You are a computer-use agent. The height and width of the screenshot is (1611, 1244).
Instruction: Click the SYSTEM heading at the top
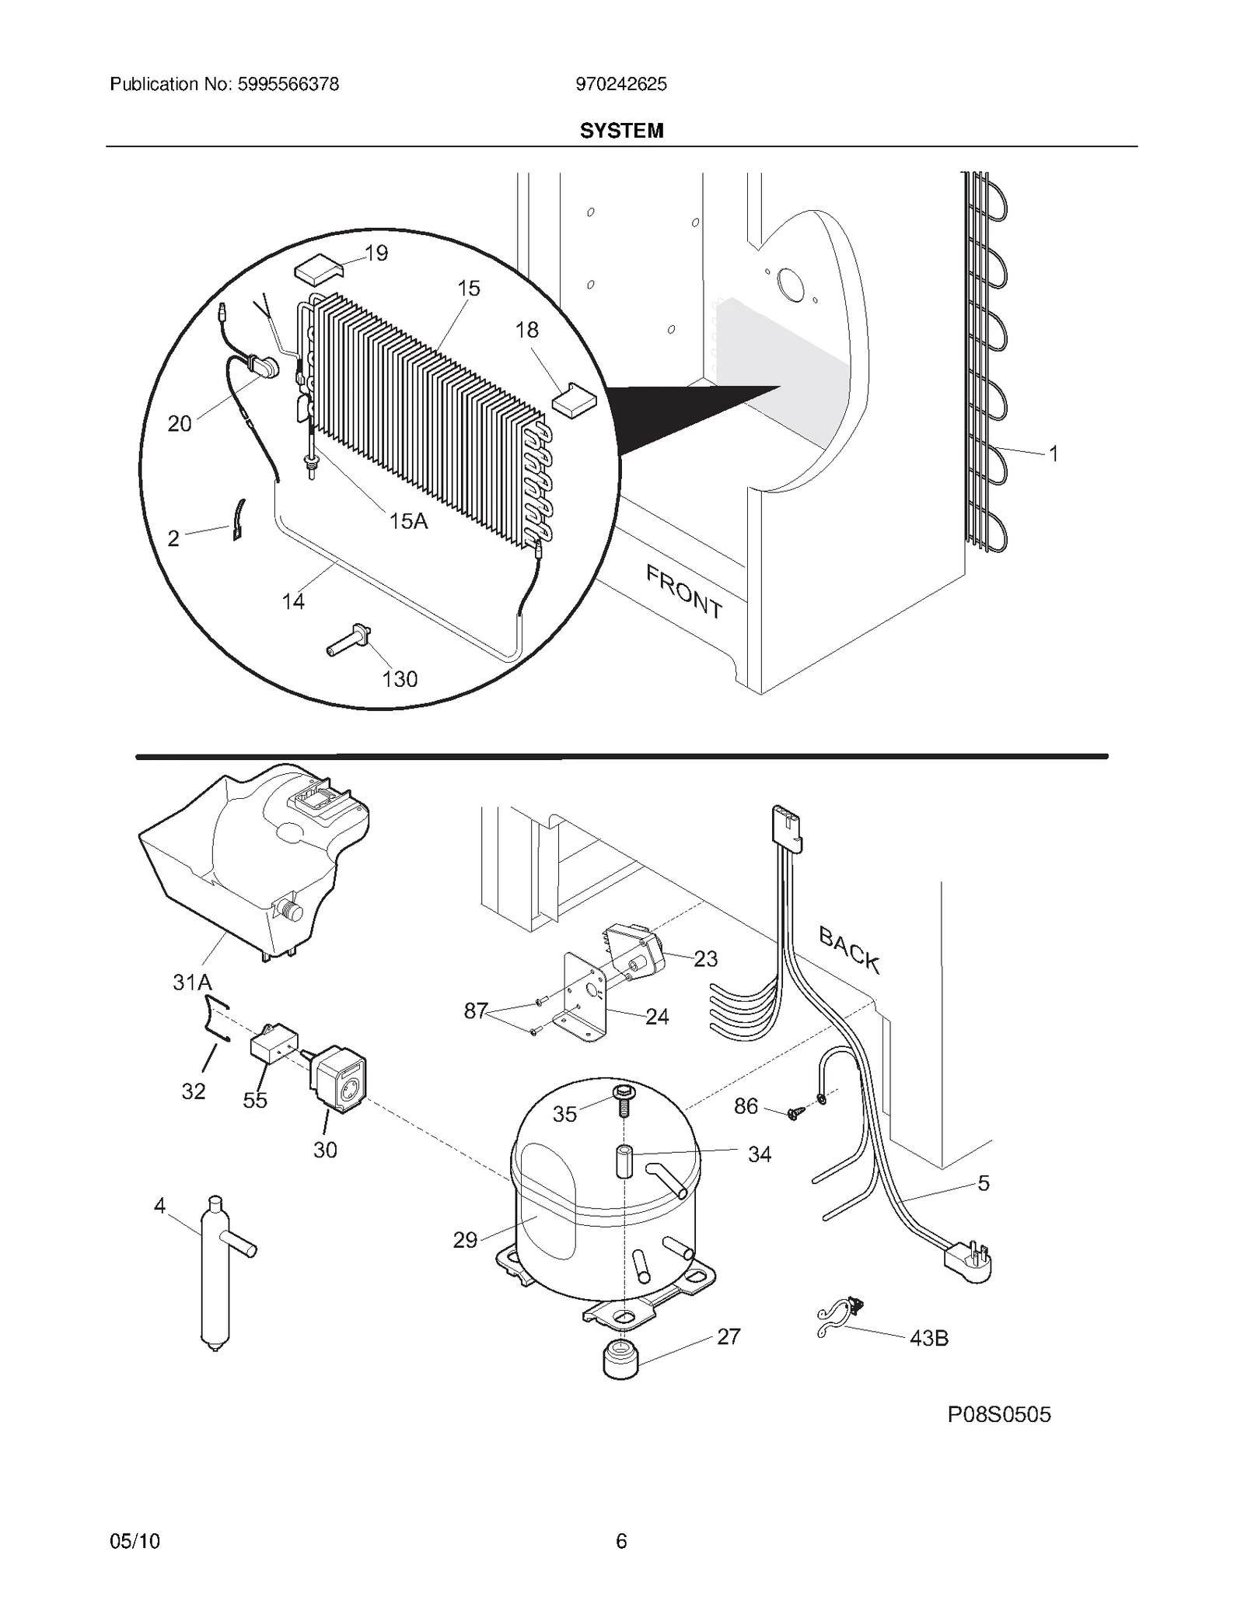(621, 131)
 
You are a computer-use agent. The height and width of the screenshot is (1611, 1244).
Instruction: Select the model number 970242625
(620, 84)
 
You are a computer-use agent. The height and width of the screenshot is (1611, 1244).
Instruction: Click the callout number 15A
(408, 521)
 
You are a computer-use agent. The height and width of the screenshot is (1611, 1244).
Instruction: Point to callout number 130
(400, 679)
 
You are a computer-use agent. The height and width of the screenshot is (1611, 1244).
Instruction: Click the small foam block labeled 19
(319, 269)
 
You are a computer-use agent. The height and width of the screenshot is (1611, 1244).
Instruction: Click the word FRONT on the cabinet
(684, 591)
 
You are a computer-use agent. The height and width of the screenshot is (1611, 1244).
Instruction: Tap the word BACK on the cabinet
(849, 950)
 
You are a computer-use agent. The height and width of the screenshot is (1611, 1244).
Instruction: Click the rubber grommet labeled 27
(621, 1358)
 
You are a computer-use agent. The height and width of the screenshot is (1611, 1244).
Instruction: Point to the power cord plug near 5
(969, 1263)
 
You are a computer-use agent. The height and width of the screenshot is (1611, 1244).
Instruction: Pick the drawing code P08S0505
(998, 1414)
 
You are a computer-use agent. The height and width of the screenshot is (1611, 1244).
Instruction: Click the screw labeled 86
(794, 1114)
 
